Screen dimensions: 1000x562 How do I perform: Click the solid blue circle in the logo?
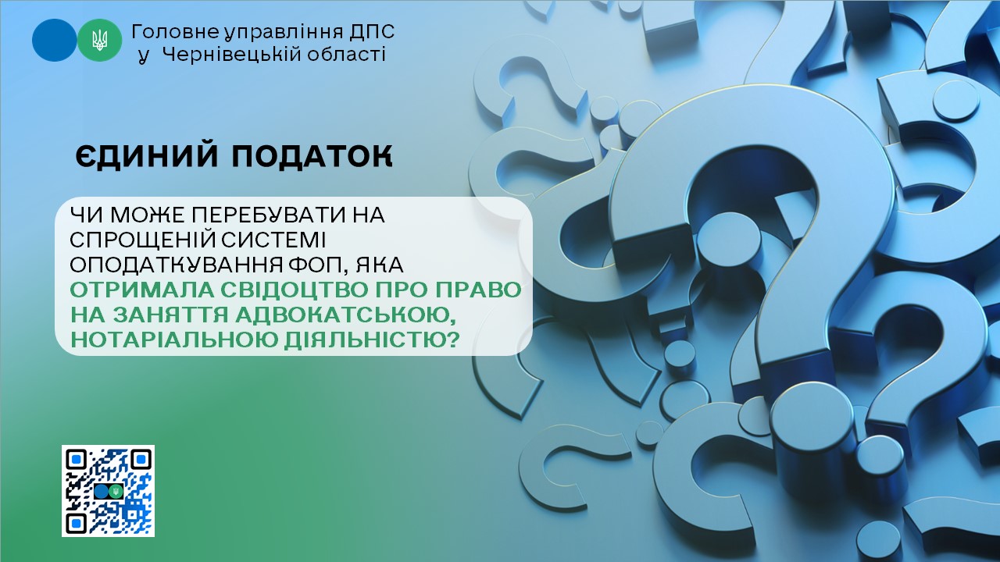tap(54, 40)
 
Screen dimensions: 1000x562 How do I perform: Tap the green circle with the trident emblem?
tap(99, 40)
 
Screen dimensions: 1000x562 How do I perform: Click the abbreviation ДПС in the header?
tap(370, 32)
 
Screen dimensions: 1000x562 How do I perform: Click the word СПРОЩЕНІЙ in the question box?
tap(136, 240)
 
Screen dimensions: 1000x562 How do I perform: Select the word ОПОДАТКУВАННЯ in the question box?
tap(177, 265)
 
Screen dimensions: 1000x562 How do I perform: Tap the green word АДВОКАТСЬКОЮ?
tap(345, 315)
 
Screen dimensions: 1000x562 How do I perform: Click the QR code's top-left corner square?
tap(77, 460)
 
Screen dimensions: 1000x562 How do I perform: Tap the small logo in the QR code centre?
tap(109, 491)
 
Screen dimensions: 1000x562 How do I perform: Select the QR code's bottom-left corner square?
tap(77, 523)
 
